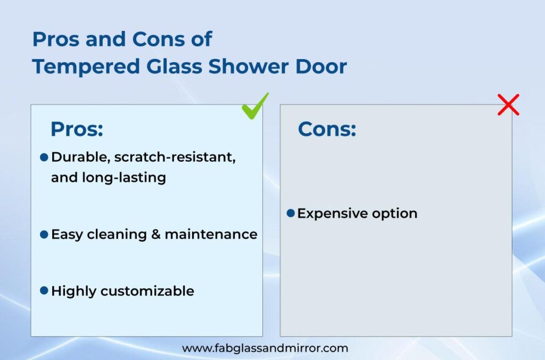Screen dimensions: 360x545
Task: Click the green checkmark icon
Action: coord(255,106)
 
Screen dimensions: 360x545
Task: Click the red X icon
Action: coord(508,104)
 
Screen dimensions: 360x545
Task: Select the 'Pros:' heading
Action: coord(77,129)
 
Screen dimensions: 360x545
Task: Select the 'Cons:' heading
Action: coord(327,129)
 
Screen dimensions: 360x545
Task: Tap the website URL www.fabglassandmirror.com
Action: coord(265,348)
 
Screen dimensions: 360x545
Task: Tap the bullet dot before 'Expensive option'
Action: coord(291,213)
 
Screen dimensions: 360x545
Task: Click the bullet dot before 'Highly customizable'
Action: coord(44,290)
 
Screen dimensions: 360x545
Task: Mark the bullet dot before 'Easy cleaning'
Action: coord(44,234)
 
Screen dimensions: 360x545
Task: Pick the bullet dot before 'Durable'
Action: coord(44,157)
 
